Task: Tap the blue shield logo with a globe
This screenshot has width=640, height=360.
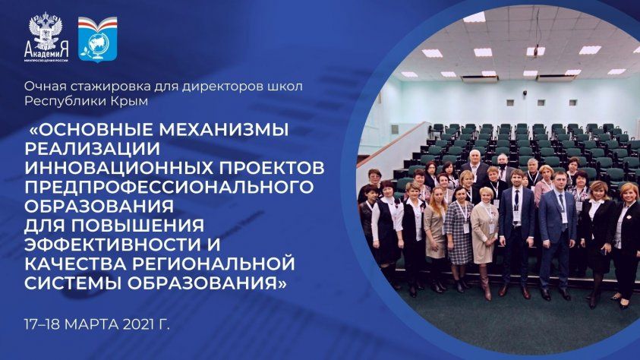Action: click(97, 39)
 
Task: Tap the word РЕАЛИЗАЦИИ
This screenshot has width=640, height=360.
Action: click(93, 149)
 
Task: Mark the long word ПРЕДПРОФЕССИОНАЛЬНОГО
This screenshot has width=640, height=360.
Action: click(169, 187)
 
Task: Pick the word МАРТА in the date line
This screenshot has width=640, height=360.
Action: click(92, 324)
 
